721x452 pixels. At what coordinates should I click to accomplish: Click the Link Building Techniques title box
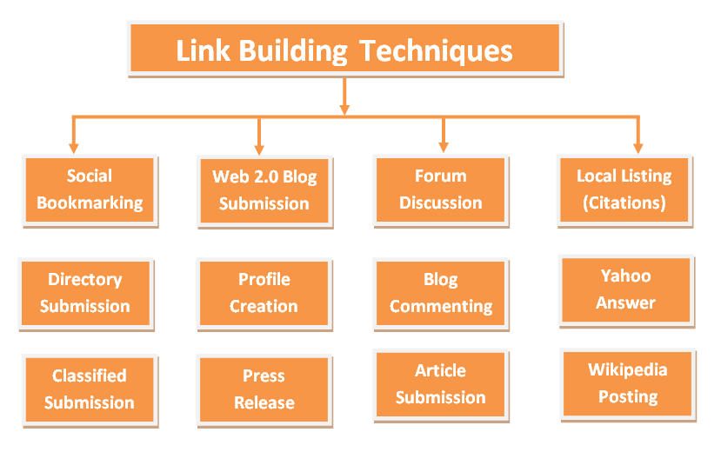pyautogui.click(x=344, y=49)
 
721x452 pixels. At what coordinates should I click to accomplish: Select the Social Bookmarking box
pyautogui.click(x=90, y=190)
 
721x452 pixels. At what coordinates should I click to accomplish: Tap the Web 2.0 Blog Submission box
pyautogui.click(x=264, y=190)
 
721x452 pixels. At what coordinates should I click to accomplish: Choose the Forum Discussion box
pyautogui.click(x=440, y=189)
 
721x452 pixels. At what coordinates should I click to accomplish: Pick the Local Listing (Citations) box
pyautogui.click(x=624, y=189)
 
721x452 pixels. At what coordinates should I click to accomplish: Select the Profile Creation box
pyautogui.click(x=264, y=293)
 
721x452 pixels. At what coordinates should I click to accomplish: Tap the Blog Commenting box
pyautogui.click(x=440, y=293)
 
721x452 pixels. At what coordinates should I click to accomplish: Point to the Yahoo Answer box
pyautogui.click(x=625, y=290)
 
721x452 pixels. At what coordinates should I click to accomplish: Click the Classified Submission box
pyautogui.click(x=90, y=389)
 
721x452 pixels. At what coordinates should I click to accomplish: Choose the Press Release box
pyautogui.click(x=264, y=389)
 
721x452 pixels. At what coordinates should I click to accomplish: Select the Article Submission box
pyautogui.click(x=440, y=384)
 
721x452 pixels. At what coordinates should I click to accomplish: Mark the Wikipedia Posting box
pyautogui.click(x=627, y=383)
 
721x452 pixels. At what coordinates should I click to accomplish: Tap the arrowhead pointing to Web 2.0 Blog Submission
pyautogui.click(x=258, y=147)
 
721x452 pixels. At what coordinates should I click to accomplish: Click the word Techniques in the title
pyautogui.click(x=436, y=50)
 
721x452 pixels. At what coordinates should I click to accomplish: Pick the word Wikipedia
pyautogui.click(x=627, y=370)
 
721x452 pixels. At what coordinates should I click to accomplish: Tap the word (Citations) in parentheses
pyautogui.click(x=624, y=203)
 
